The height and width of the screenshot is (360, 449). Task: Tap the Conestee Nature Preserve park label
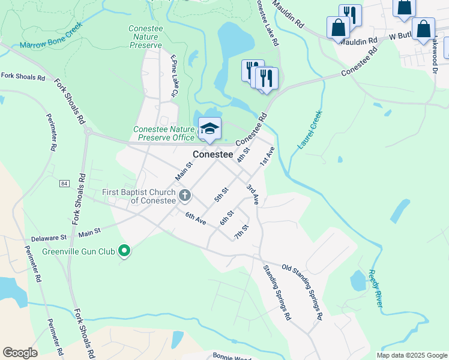coord(145,37)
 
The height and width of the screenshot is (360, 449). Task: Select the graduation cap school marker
coord(209,128)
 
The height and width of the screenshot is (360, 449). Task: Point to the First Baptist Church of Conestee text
coord(138,196)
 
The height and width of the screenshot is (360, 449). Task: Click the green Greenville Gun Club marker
coord(124,250)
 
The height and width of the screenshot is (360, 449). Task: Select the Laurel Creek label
coord(310,130)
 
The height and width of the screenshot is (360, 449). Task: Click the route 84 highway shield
coord(64,183)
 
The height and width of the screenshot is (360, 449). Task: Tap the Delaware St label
coord(49,238)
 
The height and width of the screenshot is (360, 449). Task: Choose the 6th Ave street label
coord(196,219)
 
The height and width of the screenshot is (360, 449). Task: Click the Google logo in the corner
coord(20,353)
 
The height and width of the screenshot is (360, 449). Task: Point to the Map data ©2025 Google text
coord(411,355)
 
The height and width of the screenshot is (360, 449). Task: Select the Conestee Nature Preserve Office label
coord(164,133)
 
